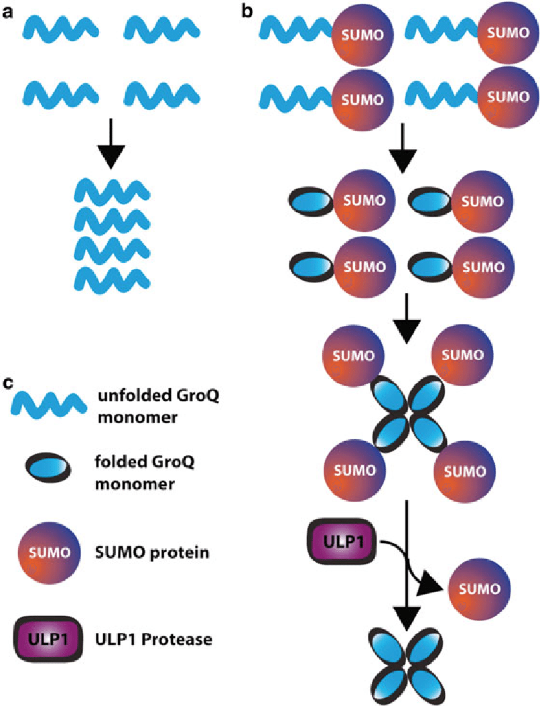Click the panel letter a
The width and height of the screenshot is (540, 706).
[9, 11]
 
